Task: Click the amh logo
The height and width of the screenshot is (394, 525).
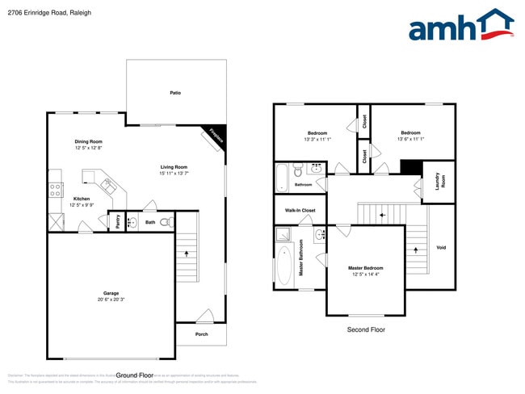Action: coord(460,26)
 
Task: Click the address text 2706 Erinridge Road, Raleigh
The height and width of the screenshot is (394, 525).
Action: coord(40,13)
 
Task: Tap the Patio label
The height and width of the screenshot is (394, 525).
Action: coord(174,93)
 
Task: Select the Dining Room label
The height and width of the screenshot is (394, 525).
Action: coord(89,141)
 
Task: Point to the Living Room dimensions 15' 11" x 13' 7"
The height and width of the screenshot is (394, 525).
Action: coord(174,174)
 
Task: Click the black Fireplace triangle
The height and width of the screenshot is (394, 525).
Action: coord(218,133)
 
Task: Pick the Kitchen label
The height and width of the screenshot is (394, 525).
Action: coord(82,199)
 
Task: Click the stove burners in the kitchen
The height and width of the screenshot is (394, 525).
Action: coord(56,191)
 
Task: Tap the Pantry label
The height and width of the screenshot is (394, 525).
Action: coord(118,221)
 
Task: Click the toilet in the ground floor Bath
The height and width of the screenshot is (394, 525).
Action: coord(166,222)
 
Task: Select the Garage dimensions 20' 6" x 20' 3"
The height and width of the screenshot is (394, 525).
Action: coord(111,300)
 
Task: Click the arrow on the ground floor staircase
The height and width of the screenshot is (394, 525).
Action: coord(188,254)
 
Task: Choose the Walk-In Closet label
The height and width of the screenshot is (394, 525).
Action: coord(300,210)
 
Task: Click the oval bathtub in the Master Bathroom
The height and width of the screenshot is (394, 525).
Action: coord(284,266)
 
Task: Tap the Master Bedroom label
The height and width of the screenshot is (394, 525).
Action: coord(365,268)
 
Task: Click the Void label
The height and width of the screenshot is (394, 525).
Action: coord(441,247)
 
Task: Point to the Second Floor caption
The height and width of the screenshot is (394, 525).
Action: coord(365,329)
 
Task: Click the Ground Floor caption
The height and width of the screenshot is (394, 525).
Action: coord(135,375)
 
